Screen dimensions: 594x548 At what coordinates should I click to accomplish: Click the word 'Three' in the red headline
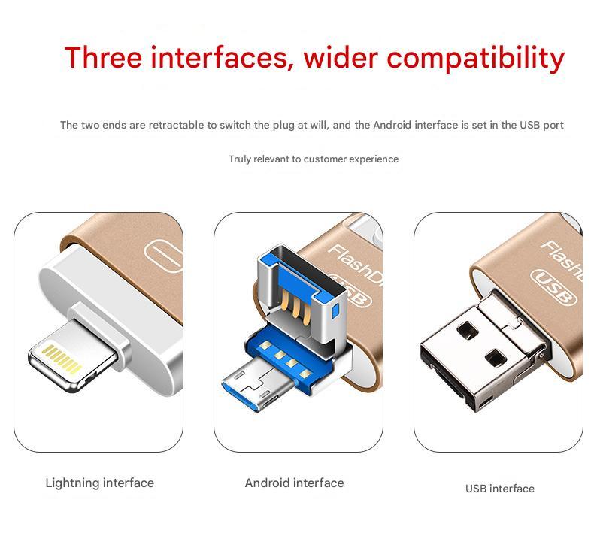pyautogui.click(x=104, y=58)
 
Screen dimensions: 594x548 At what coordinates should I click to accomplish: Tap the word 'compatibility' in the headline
pyautogui.click(x=476, y=59)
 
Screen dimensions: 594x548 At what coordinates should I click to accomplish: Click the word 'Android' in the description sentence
pyautogui.click(x=392, y=125)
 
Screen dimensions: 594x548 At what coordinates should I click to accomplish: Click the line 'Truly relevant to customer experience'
pyautogui.click(x=314, y=159)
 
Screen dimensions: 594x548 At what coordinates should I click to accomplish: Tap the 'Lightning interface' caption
pyautogui.click(x=100, y=483)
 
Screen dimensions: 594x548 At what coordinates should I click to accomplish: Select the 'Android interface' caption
pyautogui.click(x=294, y=483)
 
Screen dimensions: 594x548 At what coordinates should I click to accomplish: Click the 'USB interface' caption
pyautogui.click(x=500, y=489)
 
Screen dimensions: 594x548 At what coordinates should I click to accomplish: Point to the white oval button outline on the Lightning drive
pyautogui.click(x=164, y=256)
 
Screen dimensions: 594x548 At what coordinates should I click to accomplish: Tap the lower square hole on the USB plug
pyautogui.click(x=496, y=358)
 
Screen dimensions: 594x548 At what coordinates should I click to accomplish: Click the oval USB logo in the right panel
pyautogui.click(x=553, y=287)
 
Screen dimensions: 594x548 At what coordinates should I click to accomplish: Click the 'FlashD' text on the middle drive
pyautogui.click(x=355, y=265)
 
